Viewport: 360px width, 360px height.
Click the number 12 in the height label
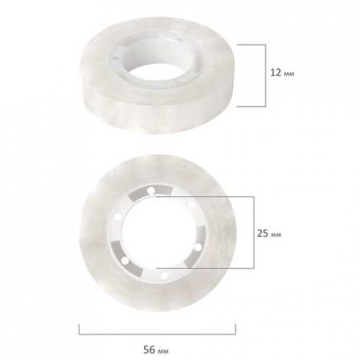pos(276,73)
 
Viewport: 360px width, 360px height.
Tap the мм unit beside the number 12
pos(289,74)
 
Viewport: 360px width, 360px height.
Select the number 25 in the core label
pos(263,233)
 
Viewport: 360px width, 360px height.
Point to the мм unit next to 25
pos(276,235)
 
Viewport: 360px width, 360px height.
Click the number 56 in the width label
pos(149,350)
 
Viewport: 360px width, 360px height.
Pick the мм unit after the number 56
pos(163,351)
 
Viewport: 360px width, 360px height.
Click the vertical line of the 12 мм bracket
pos(266,76)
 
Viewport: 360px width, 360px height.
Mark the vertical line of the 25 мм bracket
pos(253,233)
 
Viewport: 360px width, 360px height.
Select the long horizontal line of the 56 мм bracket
pos(157,334)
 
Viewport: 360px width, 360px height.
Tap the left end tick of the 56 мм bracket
pos(79,329)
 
